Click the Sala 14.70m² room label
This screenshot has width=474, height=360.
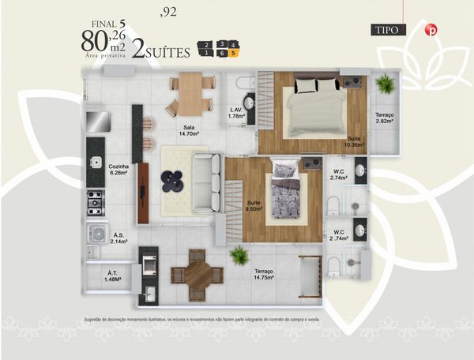189,130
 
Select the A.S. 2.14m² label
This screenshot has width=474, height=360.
120,238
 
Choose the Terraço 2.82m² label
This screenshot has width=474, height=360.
386,118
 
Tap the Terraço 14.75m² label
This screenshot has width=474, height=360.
264,274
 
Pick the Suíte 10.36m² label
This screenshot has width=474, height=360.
353,141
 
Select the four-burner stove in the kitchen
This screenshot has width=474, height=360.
96,202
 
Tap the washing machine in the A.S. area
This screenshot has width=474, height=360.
98,234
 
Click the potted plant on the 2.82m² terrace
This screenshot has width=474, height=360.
386,84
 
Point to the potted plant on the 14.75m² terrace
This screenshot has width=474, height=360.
239,254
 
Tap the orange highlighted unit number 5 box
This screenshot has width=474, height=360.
234,54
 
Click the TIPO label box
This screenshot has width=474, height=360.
388,30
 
